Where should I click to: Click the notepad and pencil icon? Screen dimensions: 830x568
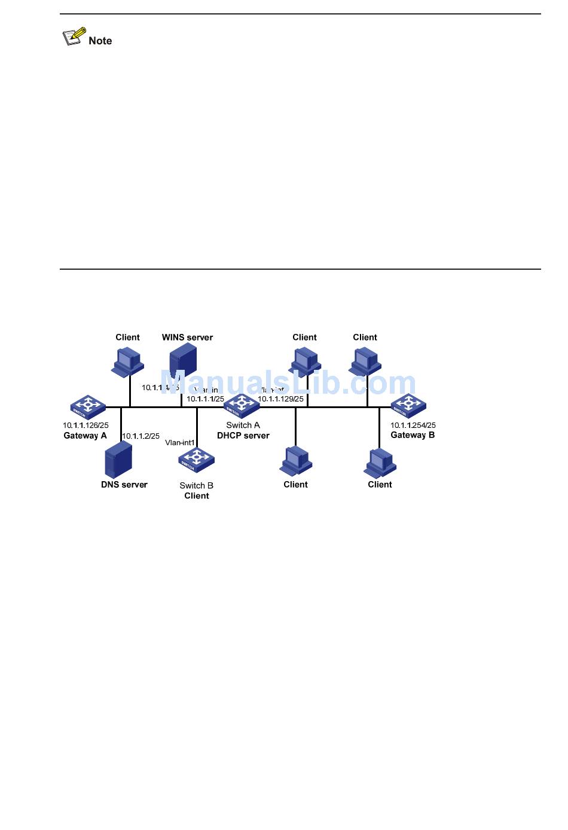click(x=74, y=37)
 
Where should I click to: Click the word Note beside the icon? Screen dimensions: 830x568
click(x=100, y=41)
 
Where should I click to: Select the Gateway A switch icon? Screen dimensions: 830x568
click(x=88, y=407)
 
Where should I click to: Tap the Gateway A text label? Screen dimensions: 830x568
click(x=85, y=436)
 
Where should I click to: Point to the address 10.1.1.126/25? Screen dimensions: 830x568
click(x=85, y=425)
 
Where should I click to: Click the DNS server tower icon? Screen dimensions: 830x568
click(x=118, y=459)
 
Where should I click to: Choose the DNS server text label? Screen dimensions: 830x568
click(x=124, y=485)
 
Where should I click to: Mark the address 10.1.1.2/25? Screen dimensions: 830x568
click(x=141, y=436)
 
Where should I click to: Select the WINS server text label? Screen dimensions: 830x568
click(x=187, y=338)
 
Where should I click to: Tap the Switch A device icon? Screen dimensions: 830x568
click(x=242, y=406)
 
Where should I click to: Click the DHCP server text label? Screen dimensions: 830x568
click(x=243, y=436)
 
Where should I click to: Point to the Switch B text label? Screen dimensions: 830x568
click(x=196, y=485)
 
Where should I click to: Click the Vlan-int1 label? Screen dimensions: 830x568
click(x=180, y=443)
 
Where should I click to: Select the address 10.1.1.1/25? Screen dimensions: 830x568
click(x=205, y=399)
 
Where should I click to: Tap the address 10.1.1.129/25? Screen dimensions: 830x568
click(x=280, y=399)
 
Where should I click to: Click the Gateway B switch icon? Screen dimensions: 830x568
click(x=408, y=406)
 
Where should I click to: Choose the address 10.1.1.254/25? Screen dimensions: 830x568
click(x=413, y=425)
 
